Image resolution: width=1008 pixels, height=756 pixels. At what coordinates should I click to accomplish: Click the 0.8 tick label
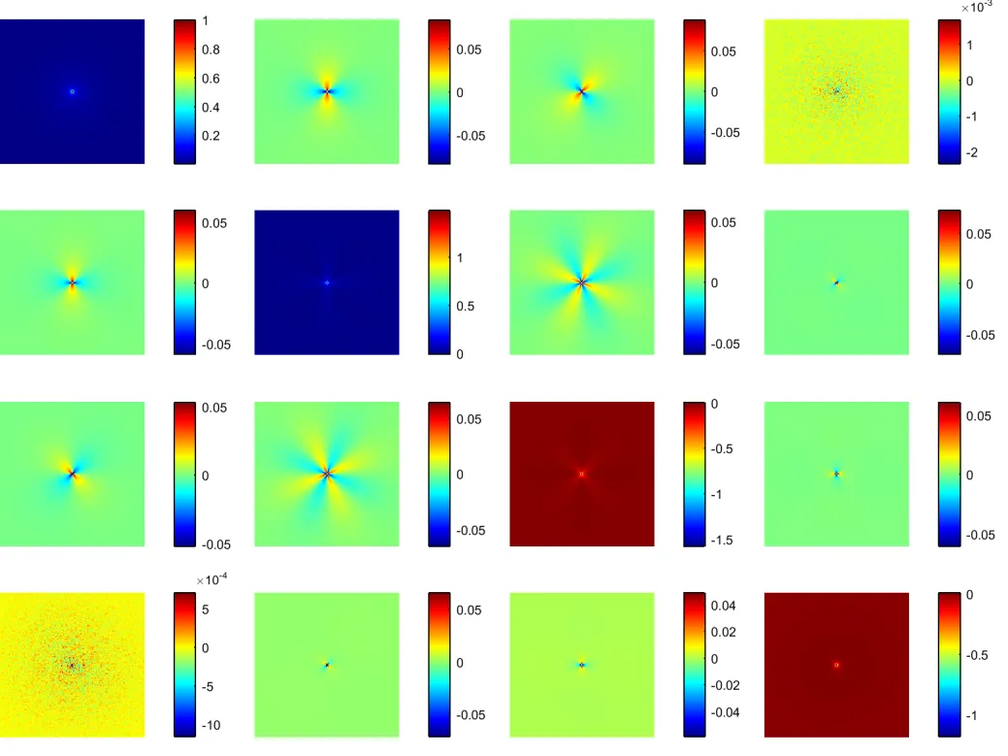[211, 49]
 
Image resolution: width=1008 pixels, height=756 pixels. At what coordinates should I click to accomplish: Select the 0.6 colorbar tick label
[211, 79]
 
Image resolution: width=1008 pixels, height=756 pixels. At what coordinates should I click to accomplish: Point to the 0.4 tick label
[211, 108]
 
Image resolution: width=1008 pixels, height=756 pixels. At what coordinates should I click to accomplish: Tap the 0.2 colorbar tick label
[211, 136]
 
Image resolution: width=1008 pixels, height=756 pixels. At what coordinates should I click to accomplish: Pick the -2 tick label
[972, 154]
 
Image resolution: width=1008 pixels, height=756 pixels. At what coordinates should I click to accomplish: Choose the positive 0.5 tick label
[467, 306]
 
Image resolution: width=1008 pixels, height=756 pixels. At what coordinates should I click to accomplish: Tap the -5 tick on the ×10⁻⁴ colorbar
[211, 686]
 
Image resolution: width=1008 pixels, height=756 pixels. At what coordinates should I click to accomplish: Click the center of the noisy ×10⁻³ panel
[836, 91]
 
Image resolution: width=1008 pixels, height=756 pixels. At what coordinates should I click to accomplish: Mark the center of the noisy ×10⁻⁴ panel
[72, 665]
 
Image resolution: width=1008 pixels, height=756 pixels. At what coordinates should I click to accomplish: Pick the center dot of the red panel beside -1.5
[581, 474]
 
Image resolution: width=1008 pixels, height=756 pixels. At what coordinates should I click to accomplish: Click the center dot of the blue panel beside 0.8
[72, 91]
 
